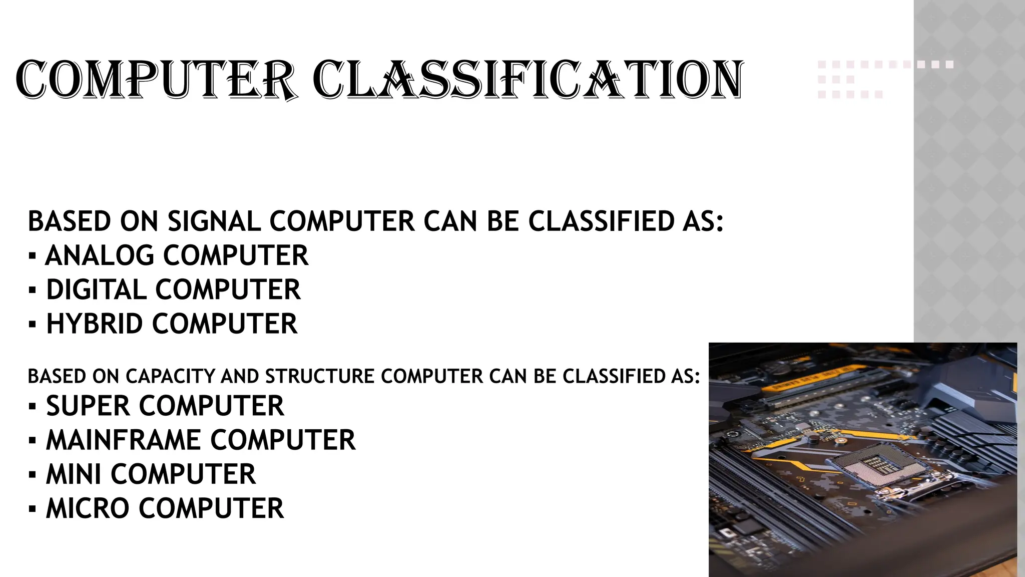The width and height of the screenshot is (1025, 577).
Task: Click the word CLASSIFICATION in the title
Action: [528, 80]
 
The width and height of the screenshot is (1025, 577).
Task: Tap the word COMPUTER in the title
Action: [155, 80]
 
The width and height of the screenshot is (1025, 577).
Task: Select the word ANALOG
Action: [100, 255]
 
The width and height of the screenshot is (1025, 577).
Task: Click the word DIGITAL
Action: [97, 290]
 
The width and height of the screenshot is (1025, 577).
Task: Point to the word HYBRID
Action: [95, 324]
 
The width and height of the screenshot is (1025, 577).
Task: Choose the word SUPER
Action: [88, 406]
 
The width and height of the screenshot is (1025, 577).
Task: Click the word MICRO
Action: [88, 508]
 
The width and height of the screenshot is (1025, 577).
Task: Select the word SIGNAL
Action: [214, 221]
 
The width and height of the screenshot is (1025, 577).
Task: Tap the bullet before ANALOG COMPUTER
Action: [33, 256]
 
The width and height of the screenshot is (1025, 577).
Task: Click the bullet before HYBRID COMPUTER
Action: [33, 325]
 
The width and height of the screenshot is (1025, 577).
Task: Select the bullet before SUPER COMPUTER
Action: [33, 407]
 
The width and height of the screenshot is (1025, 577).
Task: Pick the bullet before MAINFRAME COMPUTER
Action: [33, 441]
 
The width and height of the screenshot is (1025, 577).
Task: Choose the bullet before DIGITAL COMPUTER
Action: [33, 291]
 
